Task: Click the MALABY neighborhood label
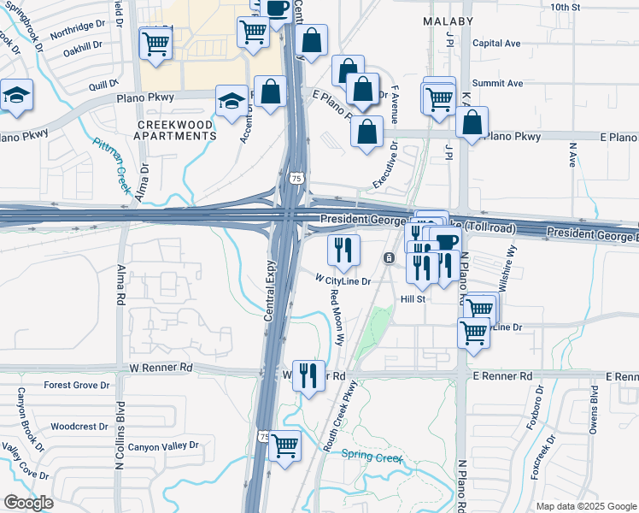coord(448,19)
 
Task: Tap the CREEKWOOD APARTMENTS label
coord(176,130)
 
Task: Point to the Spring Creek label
coord(372,456)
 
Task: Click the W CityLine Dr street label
coord(343,280)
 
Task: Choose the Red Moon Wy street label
coord(337,316)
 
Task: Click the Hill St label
coord(413,299)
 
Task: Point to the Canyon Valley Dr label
coord(162,445)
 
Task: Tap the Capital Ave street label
coord(496,43)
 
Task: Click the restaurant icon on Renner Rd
coord(308,374)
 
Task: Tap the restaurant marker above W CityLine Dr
coord(344,250)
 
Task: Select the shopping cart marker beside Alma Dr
coord(155,43)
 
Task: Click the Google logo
coord(28,502)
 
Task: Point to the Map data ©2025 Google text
coord(586,506)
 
